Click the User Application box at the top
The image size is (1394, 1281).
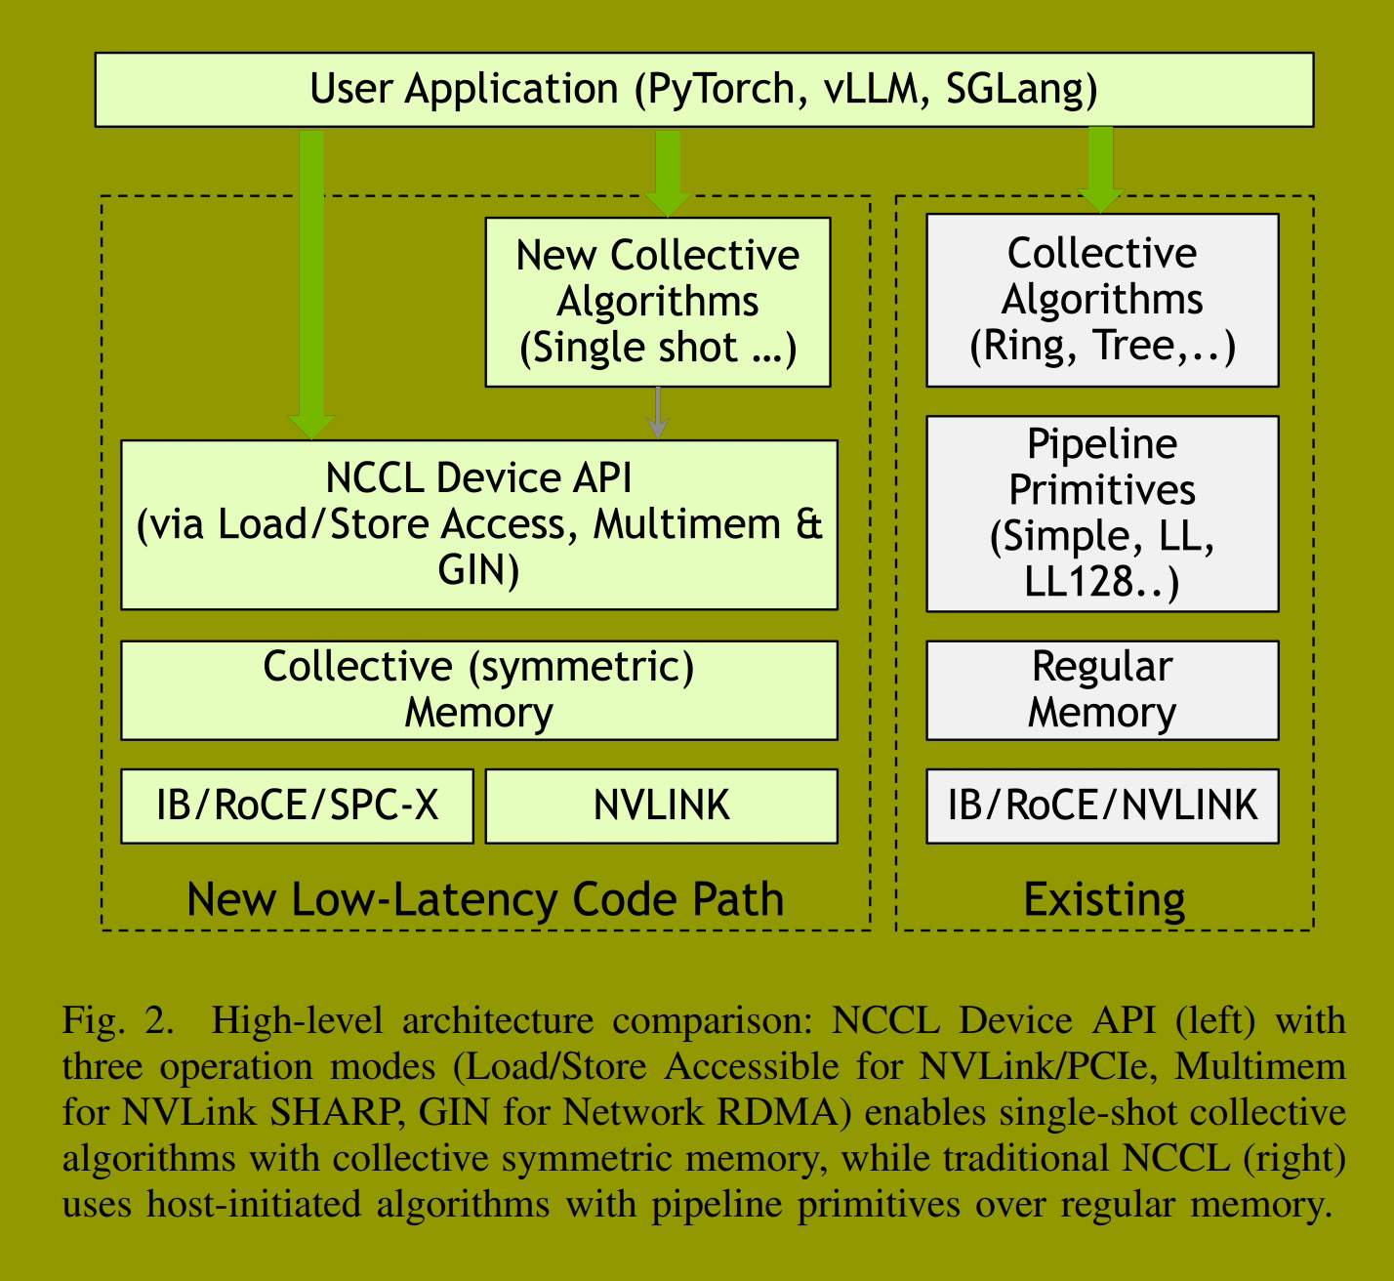coord(703,90)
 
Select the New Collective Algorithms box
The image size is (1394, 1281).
coord(657,302)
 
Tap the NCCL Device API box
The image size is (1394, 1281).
coord(478,524)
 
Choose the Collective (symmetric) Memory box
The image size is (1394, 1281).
coord(478,689)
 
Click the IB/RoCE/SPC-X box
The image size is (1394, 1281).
coord(297,806)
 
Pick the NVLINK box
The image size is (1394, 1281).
coord(661,806)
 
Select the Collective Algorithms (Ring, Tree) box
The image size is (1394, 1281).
coord(1101,300)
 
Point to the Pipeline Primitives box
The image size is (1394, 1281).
coord(1101,514)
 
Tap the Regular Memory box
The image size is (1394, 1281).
coord(1101,689)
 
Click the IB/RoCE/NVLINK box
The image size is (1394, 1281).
coord(1101,806)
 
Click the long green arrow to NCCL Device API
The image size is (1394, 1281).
coord(311,283)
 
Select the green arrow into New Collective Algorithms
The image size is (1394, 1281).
coord(668,171)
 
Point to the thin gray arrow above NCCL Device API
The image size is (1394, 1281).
coord(658,412)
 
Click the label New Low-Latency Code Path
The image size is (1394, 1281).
coord(485,899)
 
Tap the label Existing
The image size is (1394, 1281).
coord(1104,899)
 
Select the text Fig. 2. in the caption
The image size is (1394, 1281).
coord(118,1020)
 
